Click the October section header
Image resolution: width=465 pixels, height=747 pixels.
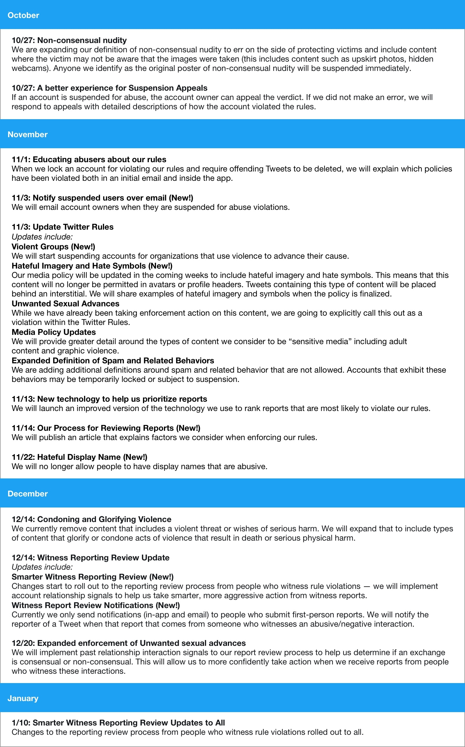pos(23,15)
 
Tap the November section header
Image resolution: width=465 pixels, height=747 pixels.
pos(27,134)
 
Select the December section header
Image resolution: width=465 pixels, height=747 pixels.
pos(27,494)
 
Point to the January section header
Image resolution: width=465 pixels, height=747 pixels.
pos(23,698)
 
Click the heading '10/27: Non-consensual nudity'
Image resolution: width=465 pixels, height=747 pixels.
pos(69,40)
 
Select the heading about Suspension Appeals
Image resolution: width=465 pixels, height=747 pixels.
pos(109,88)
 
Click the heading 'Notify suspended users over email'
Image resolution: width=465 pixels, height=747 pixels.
pos(102,198)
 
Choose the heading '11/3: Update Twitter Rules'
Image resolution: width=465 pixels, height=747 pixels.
pos(62,227)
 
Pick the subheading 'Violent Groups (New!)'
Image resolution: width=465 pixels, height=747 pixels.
pos(53,247)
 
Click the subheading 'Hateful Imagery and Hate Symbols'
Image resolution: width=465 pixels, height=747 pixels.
pos(92,266)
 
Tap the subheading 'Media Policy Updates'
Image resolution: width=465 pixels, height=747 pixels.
pos(53,332)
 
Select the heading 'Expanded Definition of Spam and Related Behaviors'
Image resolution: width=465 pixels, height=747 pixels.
pos(112,360)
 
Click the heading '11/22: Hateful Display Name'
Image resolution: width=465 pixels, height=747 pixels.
pos(79,457)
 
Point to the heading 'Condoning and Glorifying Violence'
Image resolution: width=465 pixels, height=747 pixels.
pos(91,519)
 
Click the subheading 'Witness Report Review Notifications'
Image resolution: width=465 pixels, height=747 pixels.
pos(95,605)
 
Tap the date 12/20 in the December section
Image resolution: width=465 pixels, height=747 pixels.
pos(23,643)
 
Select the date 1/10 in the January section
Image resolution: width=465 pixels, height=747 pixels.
pos(21,723)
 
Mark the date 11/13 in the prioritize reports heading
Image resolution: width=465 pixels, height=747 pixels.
pos(23,399)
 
